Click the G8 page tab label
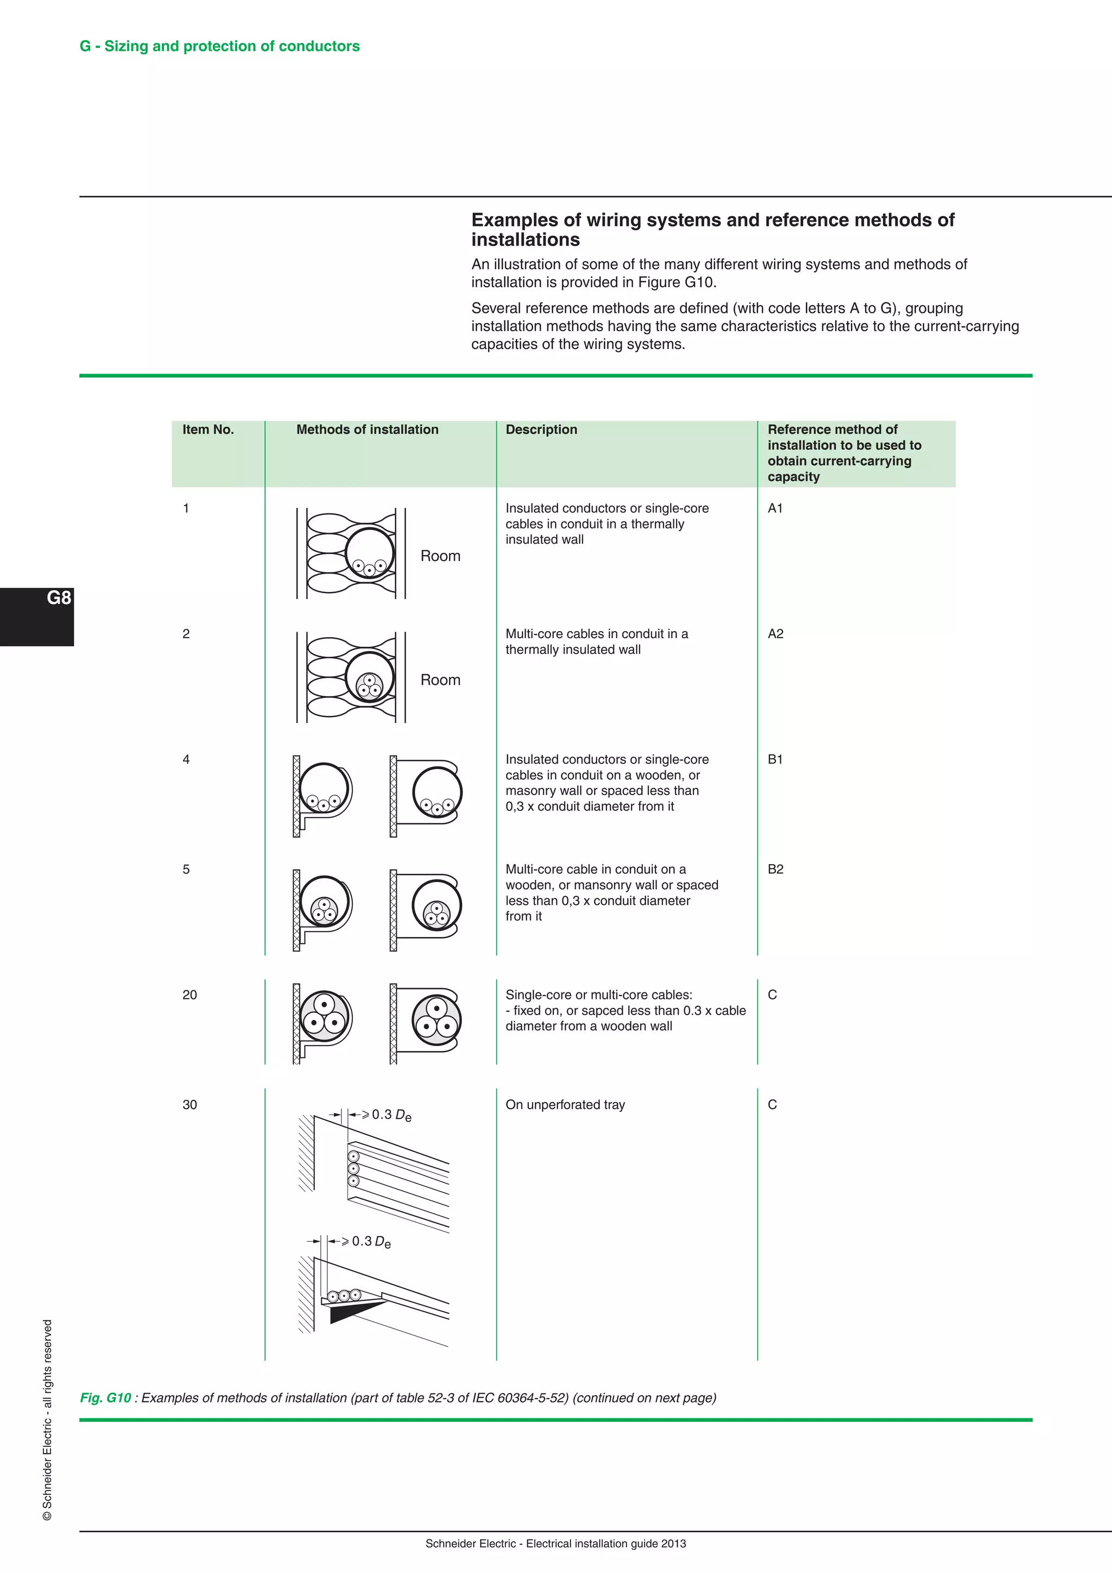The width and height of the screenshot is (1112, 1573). pos(59,597)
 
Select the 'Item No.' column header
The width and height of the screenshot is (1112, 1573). pos(208,430)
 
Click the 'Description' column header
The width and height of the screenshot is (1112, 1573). pos(541,430)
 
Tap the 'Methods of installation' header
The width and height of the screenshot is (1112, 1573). pos(367,430)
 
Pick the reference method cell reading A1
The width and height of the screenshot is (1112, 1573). pos(775,508)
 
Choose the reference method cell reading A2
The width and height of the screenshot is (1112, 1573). pos(775,634)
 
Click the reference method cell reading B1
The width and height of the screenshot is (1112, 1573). pos(775,759)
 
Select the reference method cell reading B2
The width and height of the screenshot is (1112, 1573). pos(775,869)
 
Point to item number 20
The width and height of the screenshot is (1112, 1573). pos(189,995)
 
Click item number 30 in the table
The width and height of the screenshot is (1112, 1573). pos(189,1104)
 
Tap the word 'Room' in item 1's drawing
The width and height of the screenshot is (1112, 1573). pos(440,556)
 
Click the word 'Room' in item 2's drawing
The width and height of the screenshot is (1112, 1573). pos(440,680)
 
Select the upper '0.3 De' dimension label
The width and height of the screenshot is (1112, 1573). pos(391,1115)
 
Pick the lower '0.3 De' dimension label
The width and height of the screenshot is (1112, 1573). pos(370,1242)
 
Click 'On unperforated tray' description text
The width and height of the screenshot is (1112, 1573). pos(565,1104)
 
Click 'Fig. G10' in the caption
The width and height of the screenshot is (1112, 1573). pos(105,1398)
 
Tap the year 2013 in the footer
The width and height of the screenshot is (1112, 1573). pos(673,1544)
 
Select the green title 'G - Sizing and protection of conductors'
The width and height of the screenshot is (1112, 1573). pos(220,46)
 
